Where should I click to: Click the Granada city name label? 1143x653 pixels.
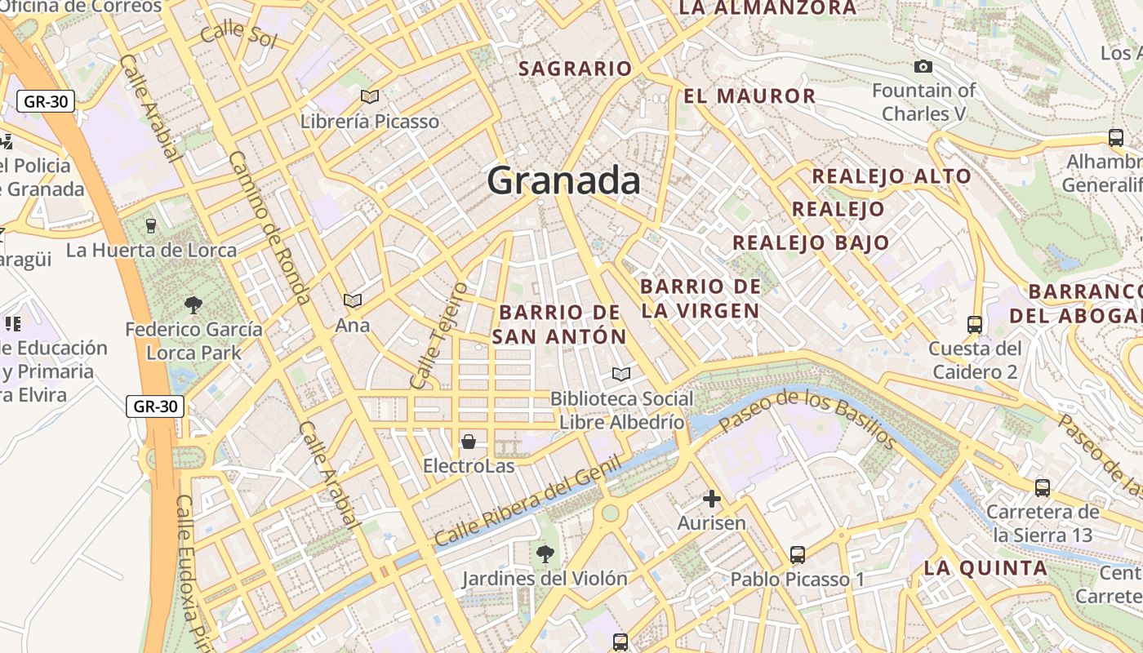(x=563, y=180)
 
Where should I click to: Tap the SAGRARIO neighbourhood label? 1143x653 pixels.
(x=576, y=69)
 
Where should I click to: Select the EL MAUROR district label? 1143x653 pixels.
(x=749, y=96)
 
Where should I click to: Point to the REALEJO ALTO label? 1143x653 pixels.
(x=892, y=176)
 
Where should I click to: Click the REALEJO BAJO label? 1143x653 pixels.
(x=811, y=242)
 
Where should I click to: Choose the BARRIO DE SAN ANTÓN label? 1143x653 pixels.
(x=560, y=324)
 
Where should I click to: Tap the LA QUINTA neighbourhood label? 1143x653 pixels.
(x=985, y=568)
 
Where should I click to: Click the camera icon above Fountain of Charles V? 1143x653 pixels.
(x=923, y=66)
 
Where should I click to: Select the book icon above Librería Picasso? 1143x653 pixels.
(x=370, y=97)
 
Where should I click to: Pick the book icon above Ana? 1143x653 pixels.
(x=353, y=301)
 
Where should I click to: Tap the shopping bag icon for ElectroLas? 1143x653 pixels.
(x=469, y=442)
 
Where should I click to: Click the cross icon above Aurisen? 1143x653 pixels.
(x=712, y=498)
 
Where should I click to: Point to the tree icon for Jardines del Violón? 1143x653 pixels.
(x=545, y=554)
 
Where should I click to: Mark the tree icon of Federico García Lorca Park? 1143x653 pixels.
(x=193, y=305)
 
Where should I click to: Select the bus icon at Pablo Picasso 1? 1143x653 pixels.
(x=798, y=555)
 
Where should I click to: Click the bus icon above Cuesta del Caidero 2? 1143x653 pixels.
(x=975, y=324)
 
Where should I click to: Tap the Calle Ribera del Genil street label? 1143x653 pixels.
(x=527, y=501)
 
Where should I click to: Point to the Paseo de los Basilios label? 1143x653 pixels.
(x=807, y=418)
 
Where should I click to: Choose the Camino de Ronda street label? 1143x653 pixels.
(x=269, y=228)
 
